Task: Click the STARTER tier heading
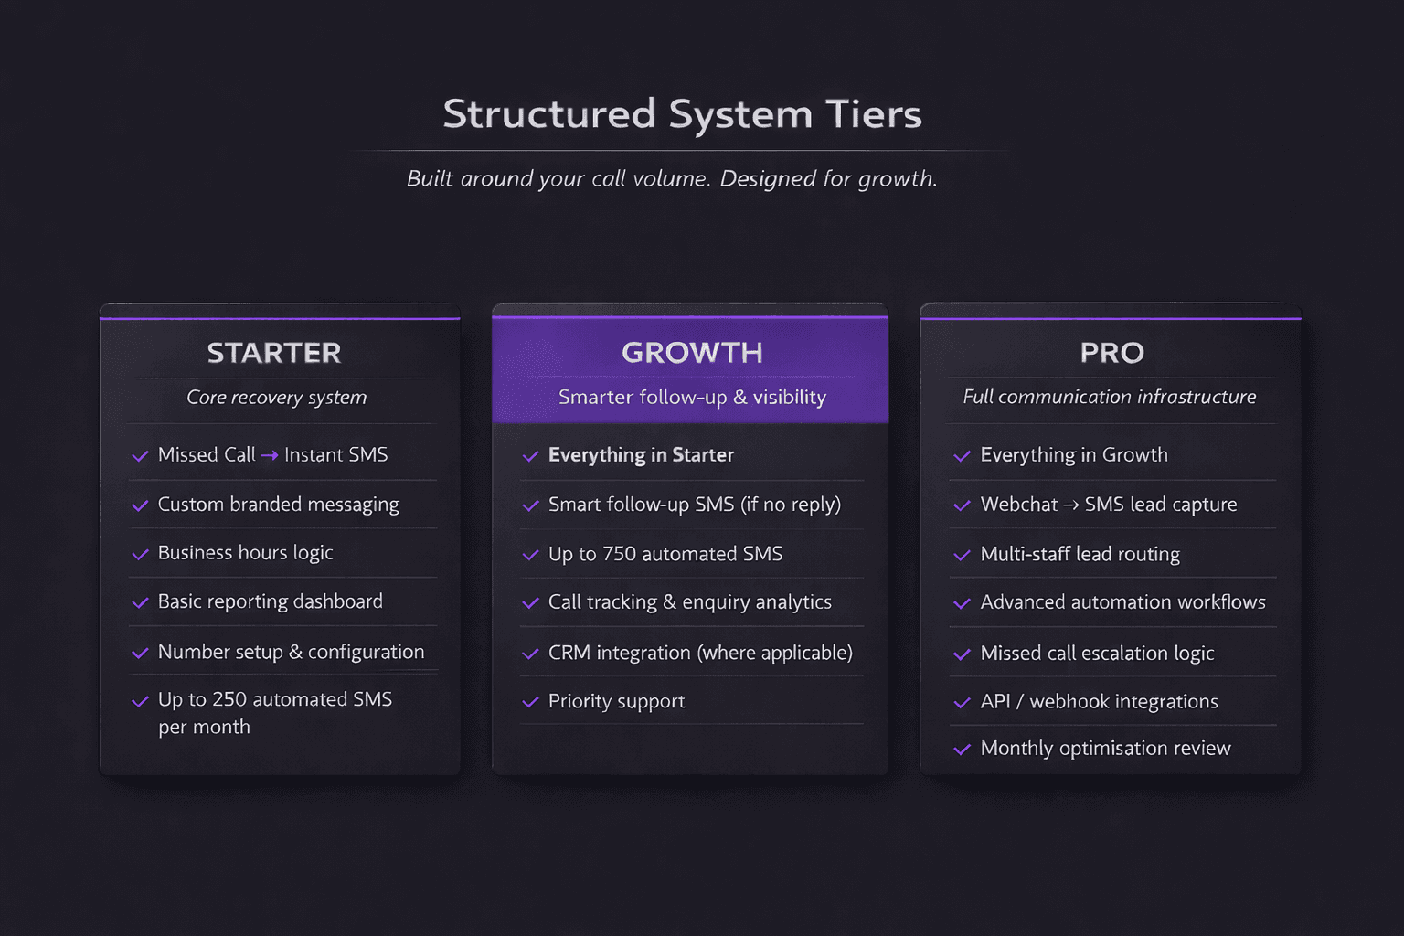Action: (274, 353)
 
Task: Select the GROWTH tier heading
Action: (692, 353)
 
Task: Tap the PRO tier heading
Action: (1111, 353)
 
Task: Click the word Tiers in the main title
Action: (873, 114)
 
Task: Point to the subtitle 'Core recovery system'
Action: (276, 398)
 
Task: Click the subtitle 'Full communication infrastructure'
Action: (1109, 397)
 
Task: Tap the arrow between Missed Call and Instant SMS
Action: (270, 455)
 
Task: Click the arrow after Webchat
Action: (1071, 505)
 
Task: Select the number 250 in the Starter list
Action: (229, 699)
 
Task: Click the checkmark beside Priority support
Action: (530, 702)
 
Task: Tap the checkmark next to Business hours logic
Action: (140, 554)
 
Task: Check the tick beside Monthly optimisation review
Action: (962, 750)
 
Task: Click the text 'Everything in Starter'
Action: (641, 455)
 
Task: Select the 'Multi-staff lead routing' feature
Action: (1080, 554)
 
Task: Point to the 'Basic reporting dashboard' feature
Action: (270, 601)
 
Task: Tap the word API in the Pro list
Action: (995, 701)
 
